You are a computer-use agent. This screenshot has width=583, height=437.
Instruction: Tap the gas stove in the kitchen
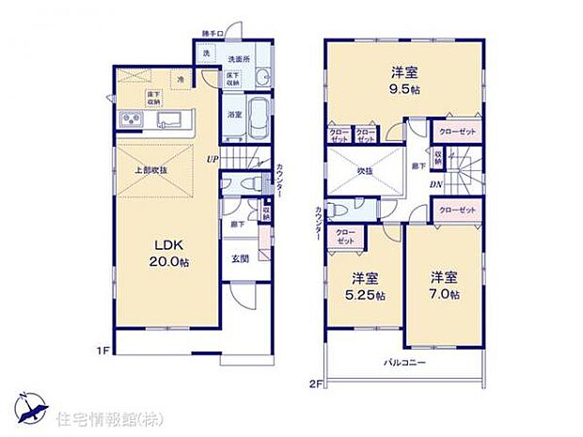point(130,119)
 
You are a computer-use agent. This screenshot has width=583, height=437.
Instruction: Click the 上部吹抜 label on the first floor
point(150,171)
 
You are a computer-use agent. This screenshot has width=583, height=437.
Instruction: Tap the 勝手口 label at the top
point(213,35)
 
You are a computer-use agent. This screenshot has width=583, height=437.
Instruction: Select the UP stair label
point(214,159)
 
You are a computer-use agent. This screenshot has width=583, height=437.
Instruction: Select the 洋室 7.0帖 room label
point(445,286)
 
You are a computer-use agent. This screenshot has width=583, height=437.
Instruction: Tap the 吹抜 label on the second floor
point(365,171)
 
